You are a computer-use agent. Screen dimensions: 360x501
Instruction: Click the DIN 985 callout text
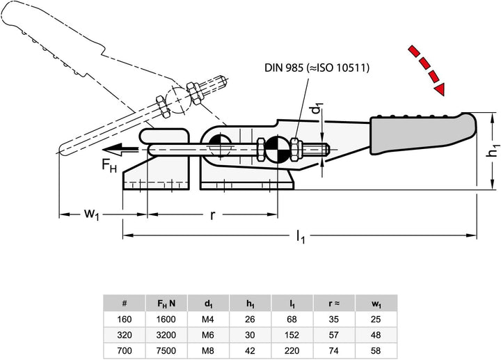317,68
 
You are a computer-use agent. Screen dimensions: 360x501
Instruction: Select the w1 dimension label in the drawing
91,214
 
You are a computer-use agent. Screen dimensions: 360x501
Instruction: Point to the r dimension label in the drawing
213,214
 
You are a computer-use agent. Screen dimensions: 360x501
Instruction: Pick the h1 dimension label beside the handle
491,150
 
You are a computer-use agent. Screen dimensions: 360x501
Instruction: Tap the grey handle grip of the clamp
421,132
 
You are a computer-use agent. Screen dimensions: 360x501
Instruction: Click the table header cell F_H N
166,303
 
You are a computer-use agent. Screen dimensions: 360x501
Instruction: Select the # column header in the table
124,303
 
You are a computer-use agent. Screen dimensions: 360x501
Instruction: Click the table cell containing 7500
166,350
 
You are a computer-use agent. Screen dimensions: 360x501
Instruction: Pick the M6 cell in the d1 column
208,334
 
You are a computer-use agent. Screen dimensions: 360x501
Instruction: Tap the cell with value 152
292,334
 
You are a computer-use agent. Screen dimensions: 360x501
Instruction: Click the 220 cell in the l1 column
292,350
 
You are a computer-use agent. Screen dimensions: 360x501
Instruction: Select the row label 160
124,319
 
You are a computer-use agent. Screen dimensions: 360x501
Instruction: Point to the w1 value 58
376,350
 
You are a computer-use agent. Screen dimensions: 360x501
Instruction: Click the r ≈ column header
334,303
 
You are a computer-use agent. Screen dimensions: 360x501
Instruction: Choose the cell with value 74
334,350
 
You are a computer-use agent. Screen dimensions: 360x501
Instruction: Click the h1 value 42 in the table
250,350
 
